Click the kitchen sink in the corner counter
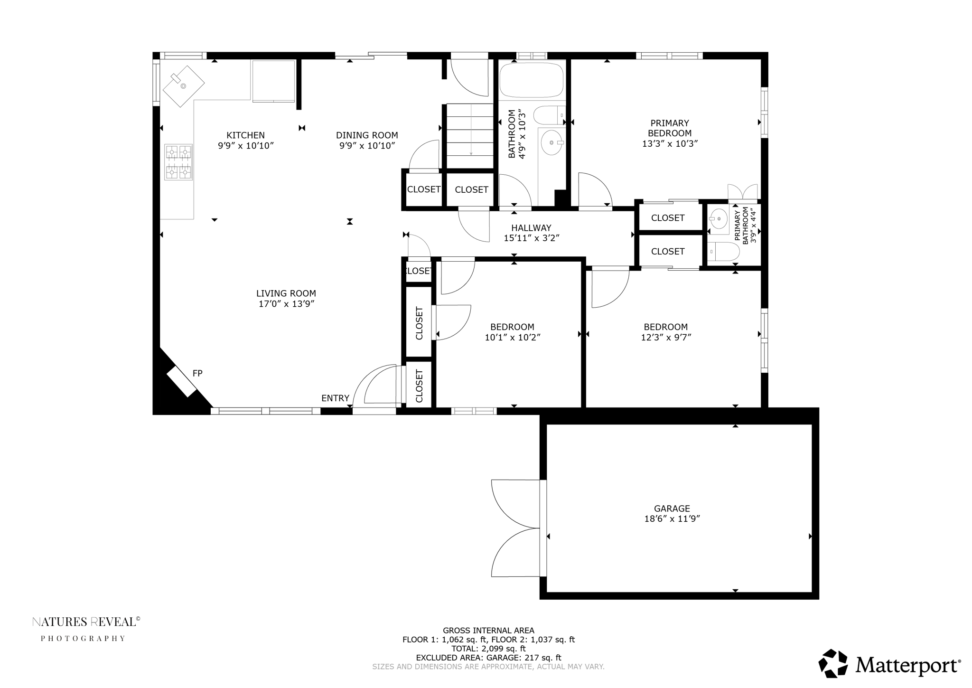pyautogui.click(x=183, y=86)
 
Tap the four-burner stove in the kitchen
pyautogui.click(x=178, y=162)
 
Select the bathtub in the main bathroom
pyautogui.click(x=531, y=80)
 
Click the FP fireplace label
pyautogui.click(x=197, y=373)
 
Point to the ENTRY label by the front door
pyautogui.click(x=335, y=398)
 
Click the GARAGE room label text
pyautogui.click(x=671, y=509)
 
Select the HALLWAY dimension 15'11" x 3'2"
pyautogui.click(x=531, y=238)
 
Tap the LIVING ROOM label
pyautogui.click(x=286, y=293)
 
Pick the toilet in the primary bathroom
pyautogui.click(x=723, y=252)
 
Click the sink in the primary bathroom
pyautogui.click(x=719, y=219)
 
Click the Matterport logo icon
pyautogui.click(x=833, y=663)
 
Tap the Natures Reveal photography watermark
pyautogui.click(x=85, y=628)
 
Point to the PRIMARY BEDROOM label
pyautogui.click(x=669, y=128)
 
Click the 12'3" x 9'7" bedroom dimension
pyautogui.click(x=665, y=338)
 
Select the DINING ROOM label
pyautogui.click(x=367, y=135)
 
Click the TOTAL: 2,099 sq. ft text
pyautogui.click(x=488, y=649)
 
